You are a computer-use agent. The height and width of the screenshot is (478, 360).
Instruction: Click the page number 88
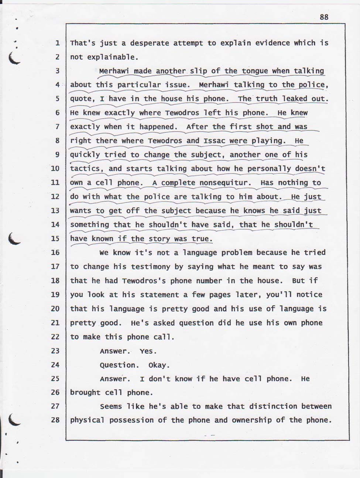coord(324,17)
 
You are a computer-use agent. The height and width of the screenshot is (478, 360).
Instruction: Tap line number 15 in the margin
coord(55,238)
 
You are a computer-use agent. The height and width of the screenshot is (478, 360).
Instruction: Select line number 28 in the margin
coord(55,420)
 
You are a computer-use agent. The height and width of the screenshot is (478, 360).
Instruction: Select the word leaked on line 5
coord(295,99)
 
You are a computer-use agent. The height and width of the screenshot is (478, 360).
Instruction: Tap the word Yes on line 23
coord(148,351)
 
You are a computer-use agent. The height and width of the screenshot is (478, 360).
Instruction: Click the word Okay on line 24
coord(159,365)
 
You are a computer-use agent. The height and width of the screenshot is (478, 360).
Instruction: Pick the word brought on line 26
coord(85,392)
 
